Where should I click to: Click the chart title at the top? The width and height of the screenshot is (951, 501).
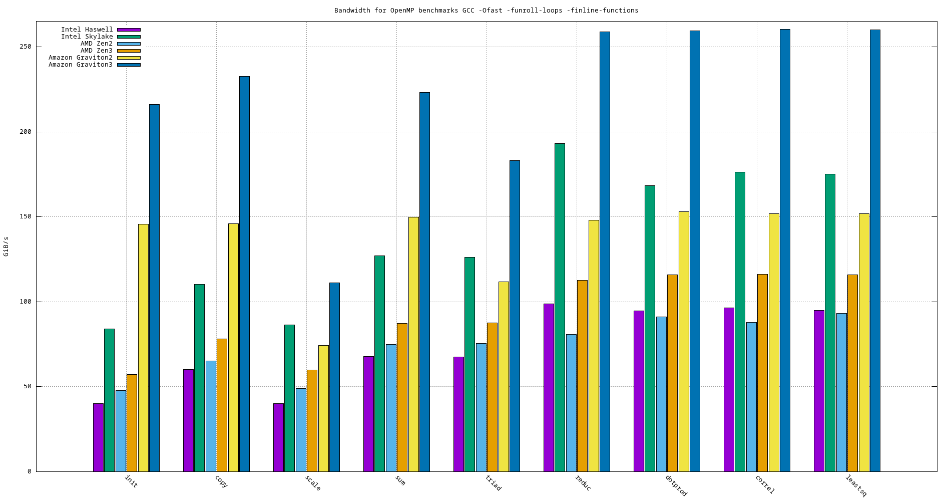pyautogui.click(x=486, y=11)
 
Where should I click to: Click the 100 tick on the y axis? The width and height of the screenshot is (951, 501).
pyautogui.click(x=26, y=302)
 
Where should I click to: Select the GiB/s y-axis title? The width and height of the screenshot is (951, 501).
pyautogui.click(x=6, y=246)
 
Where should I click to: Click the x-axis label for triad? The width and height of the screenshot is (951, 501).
pyautogui.click(x=493, y=483)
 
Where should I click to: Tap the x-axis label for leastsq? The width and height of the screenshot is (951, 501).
pyautogui.click(x=855, y=485)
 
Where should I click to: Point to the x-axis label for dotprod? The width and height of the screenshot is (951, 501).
pyautogui.click(x=676, y=485)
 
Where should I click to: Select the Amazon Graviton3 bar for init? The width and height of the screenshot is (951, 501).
pyautogui.click(x=154, y=288)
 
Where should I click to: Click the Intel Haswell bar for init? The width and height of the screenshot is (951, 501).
pyautogui.click(x=98, y=437)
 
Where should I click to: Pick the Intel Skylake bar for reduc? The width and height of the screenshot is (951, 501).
pyautogui.click(x=560, y=308)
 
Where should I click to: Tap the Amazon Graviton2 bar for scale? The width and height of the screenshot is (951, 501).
pyautogui.click(x=323, y=408)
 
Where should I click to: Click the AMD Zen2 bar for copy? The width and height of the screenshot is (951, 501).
pyautogui.click(x=211, y=416)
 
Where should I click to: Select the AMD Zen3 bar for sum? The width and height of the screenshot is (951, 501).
pyautogui.click(x=402, y=397)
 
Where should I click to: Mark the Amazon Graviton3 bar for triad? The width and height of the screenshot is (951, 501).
pyautogui.click(x=515, y=316)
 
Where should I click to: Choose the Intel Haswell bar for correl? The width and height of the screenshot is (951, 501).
pyautogui.click(x=729, y=390)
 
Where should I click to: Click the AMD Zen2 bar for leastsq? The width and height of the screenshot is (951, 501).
pyautogui.click(x=841, y=392)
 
